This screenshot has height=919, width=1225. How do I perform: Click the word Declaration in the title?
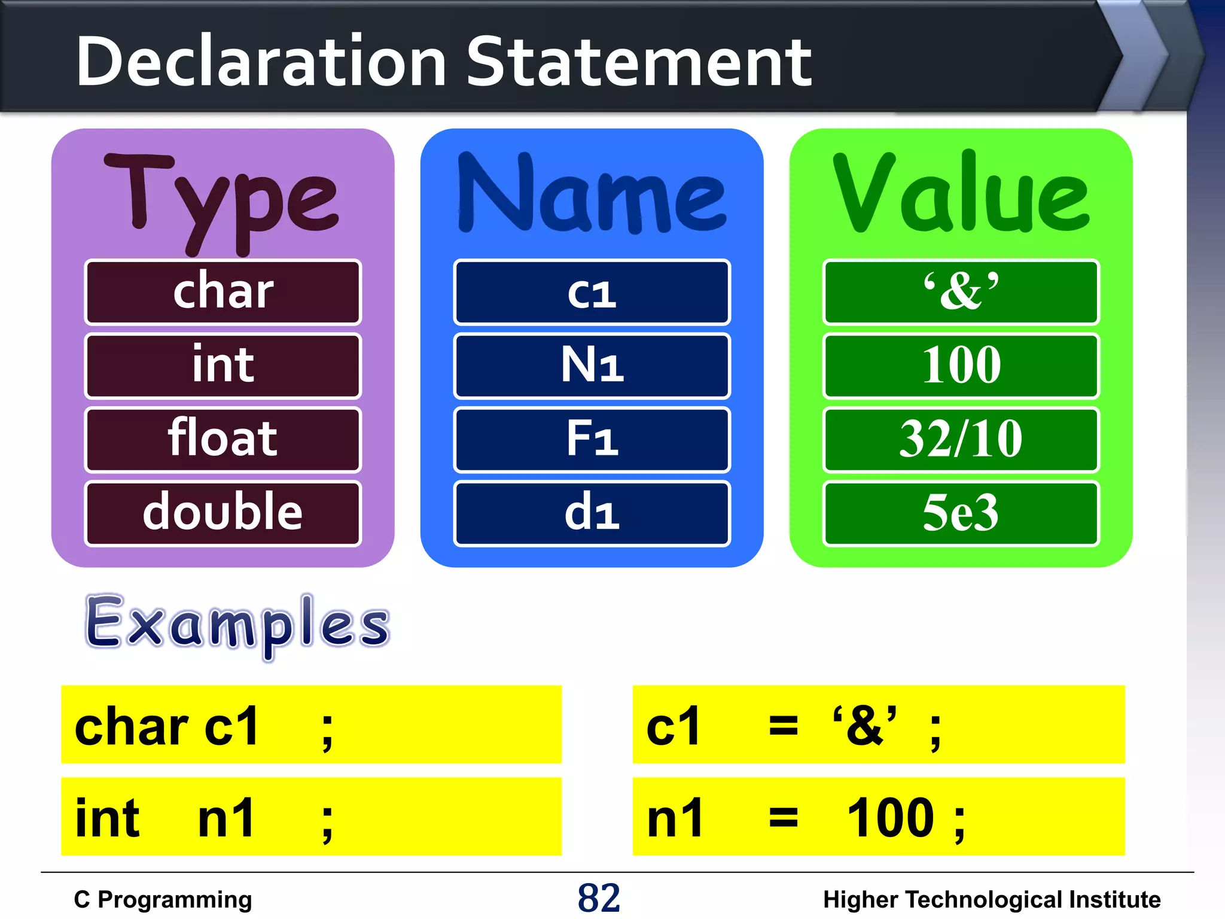coord(261,62)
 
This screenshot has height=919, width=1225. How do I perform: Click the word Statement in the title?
coord(638,62)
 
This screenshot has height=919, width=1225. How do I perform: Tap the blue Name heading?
coord(592,195)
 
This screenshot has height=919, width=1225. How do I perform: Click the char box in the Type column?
coord(223,292)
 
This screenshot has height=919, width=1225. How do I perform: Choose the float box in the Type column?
coord(223,439)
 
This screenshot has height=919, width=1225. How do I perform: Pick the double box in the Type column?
coord(223,513)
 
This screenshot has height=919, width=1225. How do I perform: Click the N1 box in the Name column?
coord(592,366)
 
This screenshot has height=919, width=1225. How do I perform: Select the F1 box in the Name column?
coord(592,439)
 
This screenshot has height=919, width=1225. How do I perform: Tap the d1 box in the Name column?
coord(592,513)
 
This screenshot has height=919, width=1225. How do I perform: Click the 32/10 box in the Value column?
coord(961,439)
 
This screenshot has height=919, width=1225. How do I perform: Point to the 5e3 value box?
coord(961,513)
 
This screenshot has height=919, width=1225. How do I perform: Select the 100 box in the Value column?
coord(961,366)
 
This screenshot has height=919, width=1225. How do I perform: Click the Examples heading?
coord(237,625)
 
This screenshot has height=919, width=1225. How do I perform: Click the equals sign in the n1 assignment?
coord(783,817)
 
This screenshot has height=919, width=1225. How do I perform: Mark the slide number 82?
coord(599,898)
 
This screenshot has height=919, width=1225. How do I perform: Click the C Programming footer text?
coord(163,900)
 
